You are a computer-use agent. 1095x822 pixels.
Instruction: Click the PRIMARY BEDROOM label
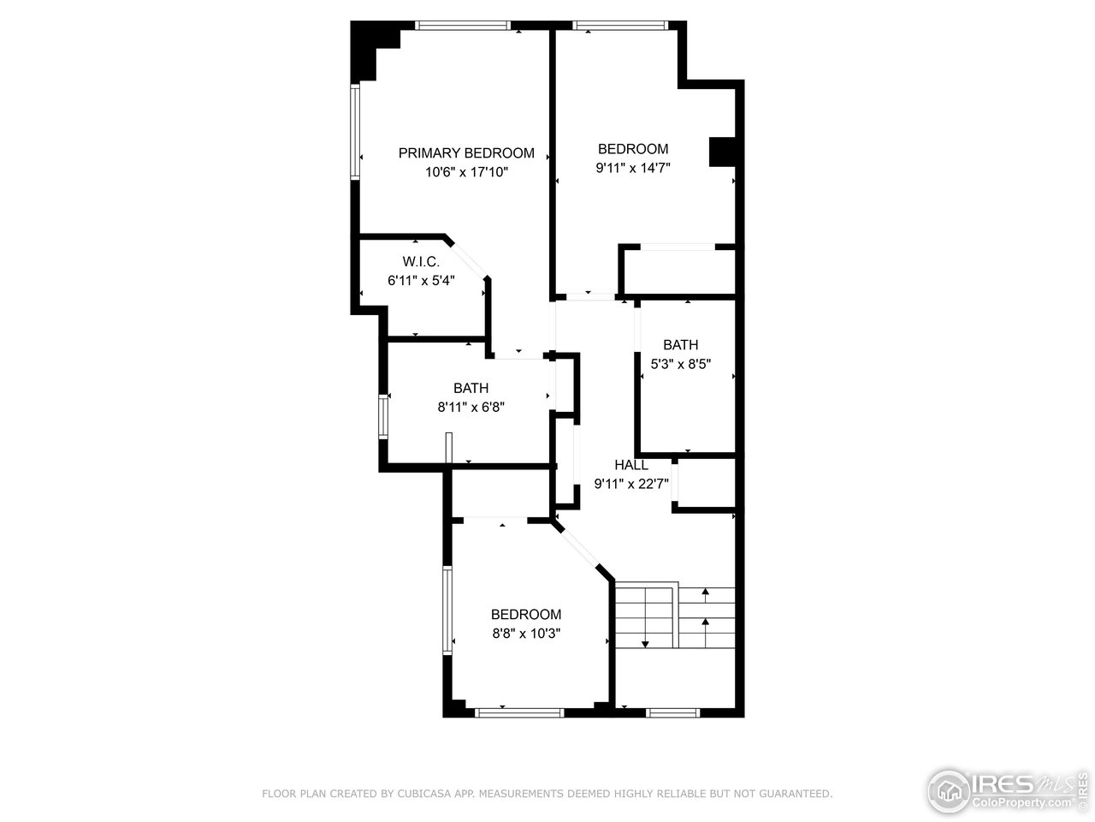click(466, 153)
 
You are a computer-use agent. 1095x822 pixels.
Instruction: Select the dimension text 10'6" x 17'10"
click(466, 172)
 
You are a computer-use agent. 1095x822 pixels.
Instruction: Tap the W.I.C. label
click(421, 262)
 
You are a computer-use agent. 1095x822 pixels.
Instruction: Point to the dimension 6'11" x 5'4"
click(421, 280)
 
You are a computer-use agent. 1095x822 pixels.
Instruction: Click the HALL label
click(631, 465)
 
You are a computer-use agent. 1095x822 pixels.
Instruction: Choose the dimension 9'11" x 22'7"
click(632, 484)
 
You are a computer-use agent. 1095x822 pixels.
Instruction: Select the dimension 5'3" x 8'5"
click(680, 363)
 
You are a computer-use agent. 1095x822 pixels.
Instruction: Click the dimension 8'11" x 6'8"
click(471, 408)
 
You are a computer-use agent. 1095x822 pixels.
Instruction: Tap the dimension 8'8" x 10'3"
click(526, 633)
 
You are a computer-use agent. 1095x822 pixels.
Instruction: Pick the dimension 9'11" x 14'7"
click(633, 168)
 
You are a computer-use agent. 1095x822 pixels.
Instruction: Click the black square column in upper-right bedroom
click(722, 152)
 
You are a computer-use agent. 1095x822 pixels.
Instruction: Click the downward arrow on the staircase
click(645, 642)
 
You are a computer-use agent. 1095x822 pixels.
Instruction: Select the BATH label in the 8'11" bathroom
click(471, 389)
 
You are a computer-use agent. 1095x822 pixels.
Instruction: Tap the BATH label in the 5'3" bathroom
click(680, 345)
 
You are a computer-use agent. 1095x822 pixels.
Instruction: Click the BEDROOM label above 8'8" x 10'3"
click(526, 615)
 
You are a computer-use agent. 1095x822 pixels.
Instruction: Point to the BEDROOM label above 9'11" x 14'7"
click(633, 149)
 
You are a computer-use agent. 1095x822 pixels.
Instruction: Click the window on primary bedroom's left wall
click(355, 131)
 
